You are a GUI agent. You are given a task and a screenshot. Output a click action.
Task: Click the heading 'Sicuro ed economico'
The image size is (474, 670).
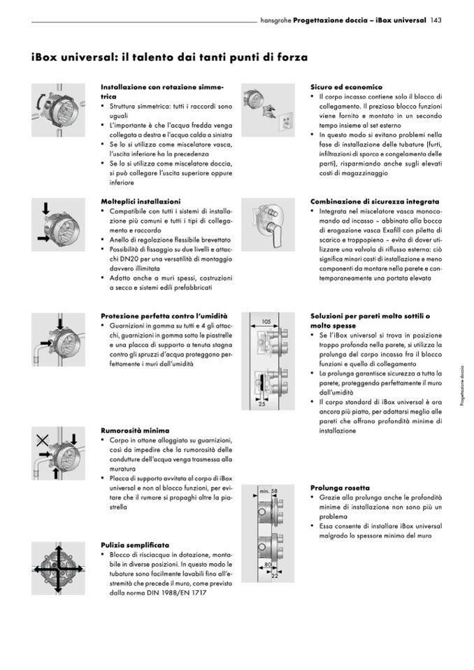click(346, 87)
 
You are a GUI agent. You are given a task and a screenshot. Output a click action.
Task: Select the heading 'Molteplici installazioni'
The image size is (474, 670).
click(141, 201)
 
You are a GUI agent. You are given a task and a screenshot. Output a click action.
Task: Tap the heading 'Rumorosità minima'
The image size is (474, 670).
click(135, 430)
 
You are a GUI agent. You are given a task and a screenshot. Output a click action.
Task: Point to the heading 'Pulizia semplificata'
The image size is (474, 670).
click(135, 544)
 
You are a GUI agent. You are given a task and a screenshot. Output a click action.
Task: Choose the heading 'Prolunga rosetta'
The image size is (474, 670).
click(340, 487)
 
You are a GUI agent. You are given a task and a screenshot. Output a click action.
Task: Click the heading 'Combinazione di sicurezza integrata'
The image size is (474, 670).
click(375, 201)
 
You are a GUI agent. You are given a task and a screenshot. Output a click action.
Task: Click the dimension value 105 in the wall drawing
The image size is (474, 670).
click(266, 321)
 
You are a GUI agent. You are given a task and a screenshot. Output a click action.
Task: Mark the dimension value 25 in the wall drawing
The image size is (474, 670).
click(261, 404)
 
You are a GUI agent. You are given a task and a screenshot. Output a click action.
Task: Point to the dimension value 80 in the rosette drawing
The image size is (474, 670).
click(267, 564)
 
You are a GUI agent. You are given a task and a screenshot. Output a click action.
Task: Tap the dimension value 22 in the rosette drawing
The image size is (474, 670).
click(274, 576)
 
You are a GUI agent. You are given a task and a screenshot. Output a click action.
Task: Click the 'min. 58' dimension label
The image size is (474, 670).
click(268, 492)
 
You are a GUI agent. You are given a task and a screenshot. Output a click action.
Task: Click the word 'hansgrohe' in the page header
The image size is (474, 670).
click(275, 20)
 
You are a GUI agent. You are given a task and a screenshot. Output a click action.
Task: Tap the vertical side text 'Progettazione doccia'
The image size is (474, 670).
click(462, 387)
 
